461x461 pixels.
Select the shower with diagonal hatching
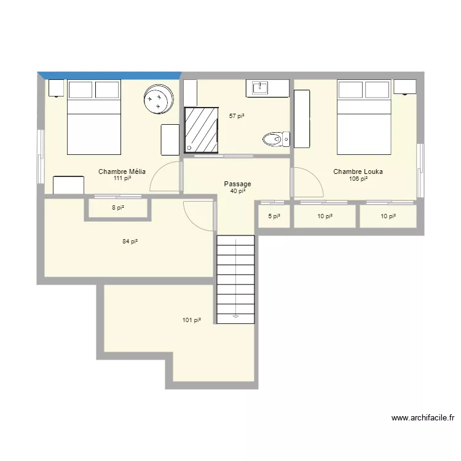click(x=201, y=128)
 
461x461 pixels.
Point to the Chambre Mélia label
click(x=122, y=171)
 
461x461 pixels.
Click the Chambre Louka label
click(x=358, y=171)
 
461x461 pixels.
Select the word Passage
click(x=237, y=184)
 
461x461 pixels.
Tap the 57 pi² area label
click(x=237, y=116)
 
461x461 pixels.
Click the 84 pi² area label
click(x=130, y=242)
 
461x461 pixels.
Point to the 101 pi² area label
click(x=192, y=320)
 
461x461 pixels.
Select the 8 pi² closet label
click(x=118, y=208)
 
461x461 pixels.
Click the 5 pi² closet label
click(x=274, y=216)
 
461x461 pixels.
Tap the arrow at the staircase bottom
click(x=235, y=317)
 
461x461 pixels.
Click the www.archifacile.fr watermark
click(x=422, y=418)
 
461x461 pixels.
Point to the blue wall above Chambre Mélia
click(x=109, y=75)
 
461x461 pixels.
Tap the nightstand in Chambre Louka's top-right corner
click(x=404, y=87)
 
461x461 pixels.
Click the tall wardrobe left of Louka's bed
click(x=302, y=119)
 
